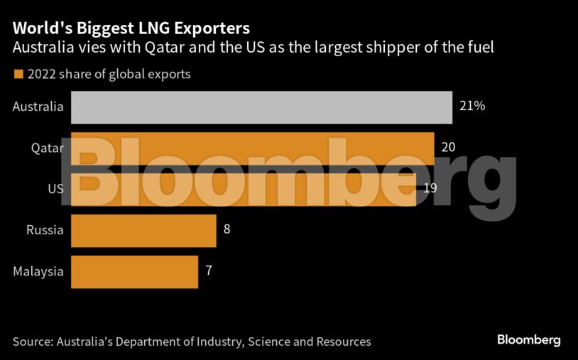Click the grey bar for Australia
tap(261, 107)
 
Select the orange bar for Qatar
tap(253, 148)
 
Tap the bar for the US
tap(244, 190)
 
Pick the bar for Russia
tap(143, 231)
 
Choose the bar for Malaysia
tap(134, 271)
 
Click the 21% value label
tap(473, 107)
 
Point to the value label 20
tap(448, 148)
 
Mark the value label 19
tap(430, 189)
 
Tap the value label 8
tap(227, 230)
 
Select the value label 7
tap(209, 271)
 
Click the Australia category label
tap(38, 107)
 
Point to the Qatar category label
tap(48, 148)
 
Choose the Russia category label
tap(45, 230)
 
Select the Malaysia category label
tap(38, 271)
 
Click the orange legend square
tap(18, 74)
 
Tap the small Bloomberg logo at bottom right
tap(528, 341)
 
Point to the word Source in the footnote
tap(32, 342)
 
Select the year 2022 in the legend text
tap(41, 74)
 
